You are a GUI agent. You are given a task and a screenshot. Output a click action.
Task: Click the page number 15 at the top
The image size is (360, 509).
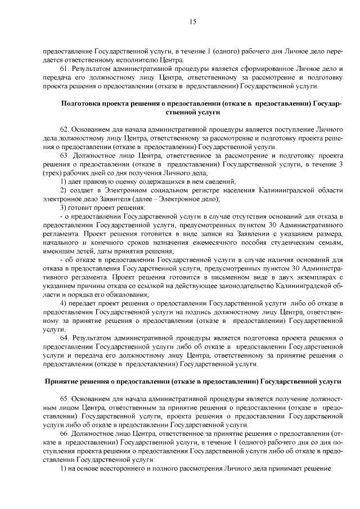(192, 22)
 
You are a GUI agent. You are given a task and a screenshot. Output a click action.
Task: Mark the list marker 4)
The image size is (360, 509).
(63, 303)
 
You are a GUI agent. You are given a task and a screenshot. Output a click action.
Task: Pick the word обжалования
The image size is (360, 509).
(116, 295)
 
